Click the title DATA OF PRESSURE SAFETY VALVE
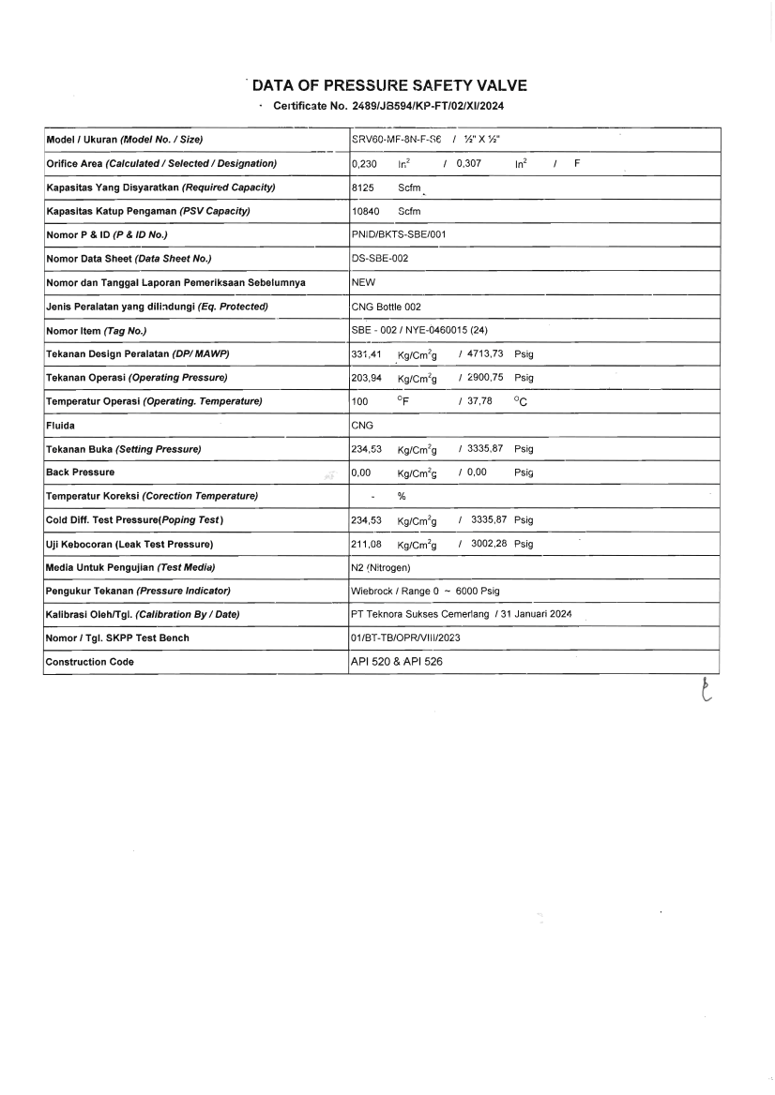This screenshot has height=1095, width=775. point(388,85)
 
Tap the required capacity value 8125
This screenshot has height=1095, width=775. point(362,187)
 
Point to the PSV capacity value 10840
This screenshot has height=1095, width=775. point(365,211)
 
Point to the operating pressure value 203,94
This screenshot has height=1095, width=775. point(366,378)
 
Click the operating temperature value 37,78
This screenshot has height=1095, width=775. point(480,401)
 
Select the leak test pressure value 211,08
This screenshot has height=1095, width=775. point(366,544)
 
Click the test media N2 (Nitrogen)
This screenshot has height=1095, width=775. point(380,567)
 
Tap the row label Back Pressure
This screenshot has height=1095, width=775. point(81,472)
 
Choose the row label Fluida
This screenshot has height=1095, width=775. point(60,426)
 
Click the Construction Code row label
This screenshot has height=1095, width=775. point(90,662)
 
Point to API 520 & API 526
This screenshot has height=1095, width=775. point(396,662)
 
